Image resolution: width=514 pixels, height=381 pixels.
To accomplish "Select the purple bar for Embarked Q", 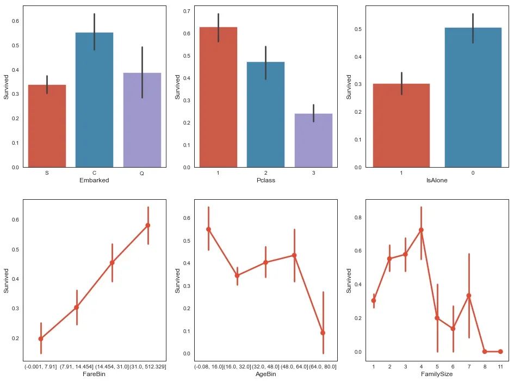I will [x=142, y=120].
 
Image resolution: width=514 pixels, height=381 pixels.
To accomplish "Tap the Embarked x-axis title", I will [x=94, y=180].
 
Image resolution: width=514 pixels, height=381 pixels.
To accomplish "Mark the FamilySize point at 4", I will [x=421, y=230].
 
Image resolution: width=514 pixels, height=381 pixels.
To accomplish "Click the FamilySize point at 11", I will [x=500, y=352].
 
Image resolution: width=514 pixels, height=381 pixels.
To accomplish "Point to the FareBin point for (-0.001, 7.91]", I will [x=41, y=339].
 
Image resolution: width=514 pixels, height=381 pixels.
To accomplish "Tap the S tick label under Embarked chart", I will [x=47, y=173].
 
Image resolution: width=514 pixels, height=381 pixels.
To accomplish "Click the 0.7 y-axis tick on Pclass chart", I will [x=186, y=11].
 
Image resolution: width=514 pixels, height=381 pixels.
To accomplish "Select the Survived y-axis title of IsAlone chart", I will [x=350, y=87].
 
